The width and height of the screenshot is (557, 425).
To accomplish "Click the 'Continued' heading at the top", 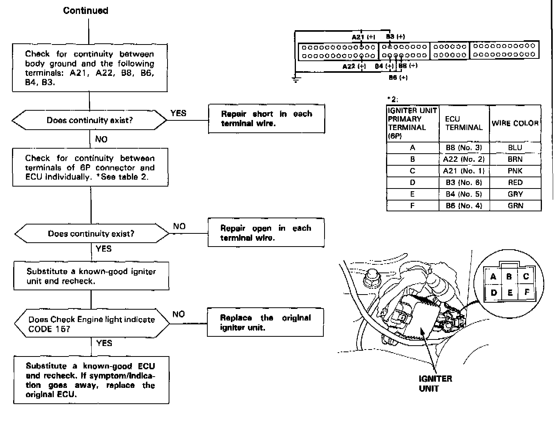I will (85, 10).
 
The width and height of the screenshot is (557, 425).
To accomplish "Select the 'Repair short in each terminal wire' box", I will (267, 119).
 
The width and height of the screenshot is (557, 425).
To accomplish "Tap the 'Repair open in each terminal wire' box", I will (266, 233).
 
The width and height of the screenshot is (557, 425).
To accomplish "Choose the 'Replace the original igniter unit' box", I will (265, 322).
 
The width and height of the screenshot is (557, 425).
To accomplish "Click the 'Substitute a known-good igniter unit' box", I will (91, 276).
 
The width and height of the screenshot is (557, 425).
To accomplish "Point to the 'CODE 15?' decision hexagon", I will (92, 324).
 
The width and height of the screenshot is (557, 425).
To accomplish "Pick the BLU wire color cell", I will (515, 147).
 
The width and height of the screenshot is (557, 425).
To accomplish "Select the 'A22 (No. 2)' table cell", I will (464, 159).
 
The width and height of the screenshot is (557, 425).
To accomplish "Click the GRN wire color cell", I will (515, 206).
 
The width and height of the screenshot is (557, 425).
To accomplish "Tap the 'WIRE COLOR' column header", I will (515, 123).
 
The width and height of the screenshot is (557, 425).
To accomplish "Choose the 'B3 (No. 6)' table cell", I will (464, 182).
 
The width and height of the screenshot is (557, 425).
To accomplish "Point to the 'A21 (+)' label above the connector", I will (363, 37).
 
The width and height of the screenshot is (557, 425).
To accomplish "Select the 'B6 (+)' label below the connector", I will (398, 78).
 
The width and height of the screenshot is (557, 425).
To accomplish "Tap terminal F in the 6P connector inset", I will (526, 292).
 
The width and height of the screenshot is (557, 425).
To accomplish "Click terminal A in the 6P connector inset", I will (493, 277).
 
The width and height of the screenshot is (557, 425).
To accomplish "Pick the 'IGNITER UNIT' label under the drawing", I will (435, 383).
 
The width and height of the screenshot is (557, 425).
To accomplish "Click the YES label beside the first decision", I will (178, 113).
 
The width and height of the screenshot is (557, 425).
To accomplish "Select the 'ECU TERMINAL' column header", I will (464, 123).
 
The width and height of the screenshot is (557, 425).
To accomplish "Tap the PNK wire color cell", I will (515, 171).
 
